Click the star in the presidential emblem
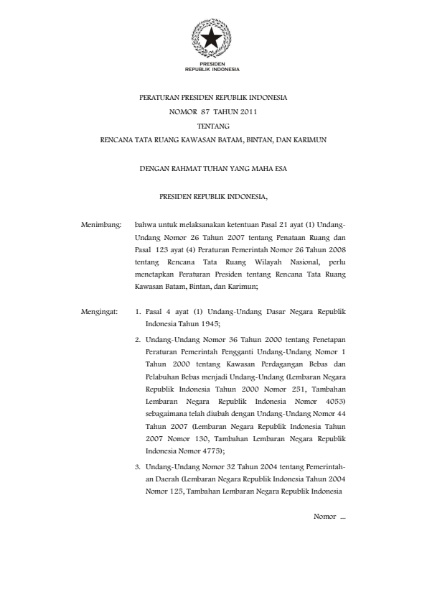(212, 39)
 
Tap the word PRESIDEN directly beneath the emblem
(212, 65)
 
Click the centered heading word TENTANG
(212, 126)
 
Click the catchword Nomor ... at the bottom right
(330, 517)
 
